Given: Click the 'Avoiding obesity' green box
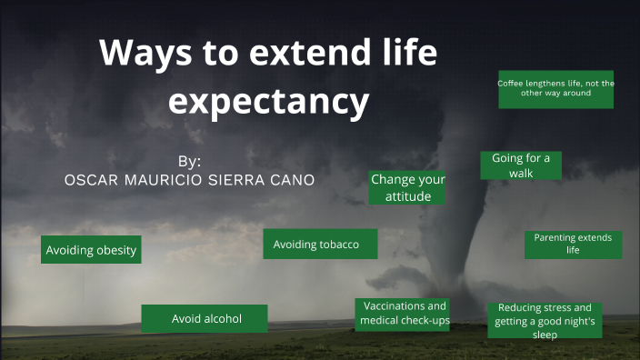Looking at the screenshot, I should pos(91,250).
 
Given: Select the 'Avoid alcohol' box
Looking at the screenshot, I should pos(205,318).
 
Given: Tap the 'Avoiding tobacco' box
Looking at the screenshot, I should pos(320,245).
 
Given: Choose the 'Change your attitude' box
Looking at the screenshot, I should pos(406,187).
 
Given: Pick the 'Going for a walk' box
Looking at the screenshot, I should pos(521,165).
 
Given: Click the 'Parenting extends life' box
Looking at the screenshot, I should pos(573,244).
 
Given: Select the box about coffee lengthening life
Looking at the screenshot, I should pos(555,88).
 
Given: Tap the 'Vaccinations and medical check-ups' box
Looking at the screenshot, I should pos(403,314).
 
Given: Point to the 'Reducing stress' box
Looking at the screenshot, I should pos(545,320).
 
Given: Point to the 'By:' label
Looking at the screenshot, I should pos(189,161).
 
